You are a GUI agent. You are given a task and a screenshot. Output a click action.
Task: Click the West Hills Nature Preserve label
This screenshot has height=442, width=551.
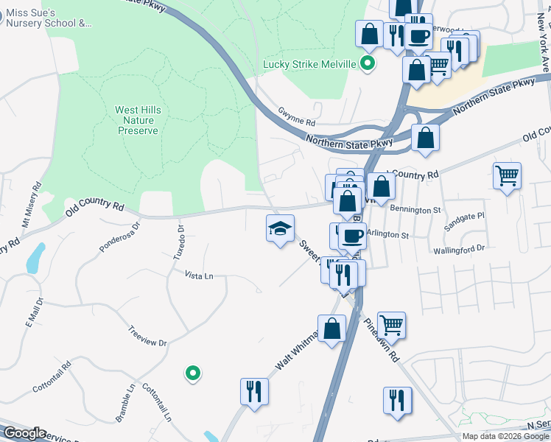tap(138, 120)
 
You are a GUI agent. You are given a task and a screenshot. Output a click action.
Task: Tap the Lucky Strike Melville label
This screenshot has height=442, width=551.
tap(310, 64)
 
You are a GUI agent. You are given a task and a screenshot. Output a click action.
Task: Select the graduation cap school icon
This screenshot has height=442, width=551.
tap(280, 229)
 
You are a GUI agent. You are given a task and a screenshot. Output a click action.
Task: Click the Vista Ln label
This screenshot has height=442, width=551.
tap(198, 276)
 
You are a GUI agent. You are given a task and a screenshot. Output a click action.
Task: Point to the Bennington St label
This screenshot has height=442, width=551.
tap(415, 210)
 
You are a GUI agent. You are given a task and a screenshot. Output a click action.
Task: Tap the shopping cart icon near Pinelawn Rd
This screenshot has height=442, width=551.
tap(391, 323)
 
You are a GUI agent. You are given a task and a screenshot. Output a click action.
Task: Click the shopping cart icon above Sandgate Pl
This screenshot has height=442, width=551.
tap(507, 176)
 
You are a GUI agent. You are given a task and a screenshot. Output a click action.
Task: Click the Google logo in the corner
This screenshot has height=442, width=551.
tap(24, 433)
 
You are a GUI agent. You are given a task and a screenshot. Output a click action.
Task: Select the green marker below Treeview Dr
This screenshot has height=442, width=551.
tap(193, 373)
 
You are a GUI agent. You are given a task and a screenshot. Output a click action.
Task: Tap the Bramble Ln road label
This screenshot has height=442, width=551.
tap(125, 402)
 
